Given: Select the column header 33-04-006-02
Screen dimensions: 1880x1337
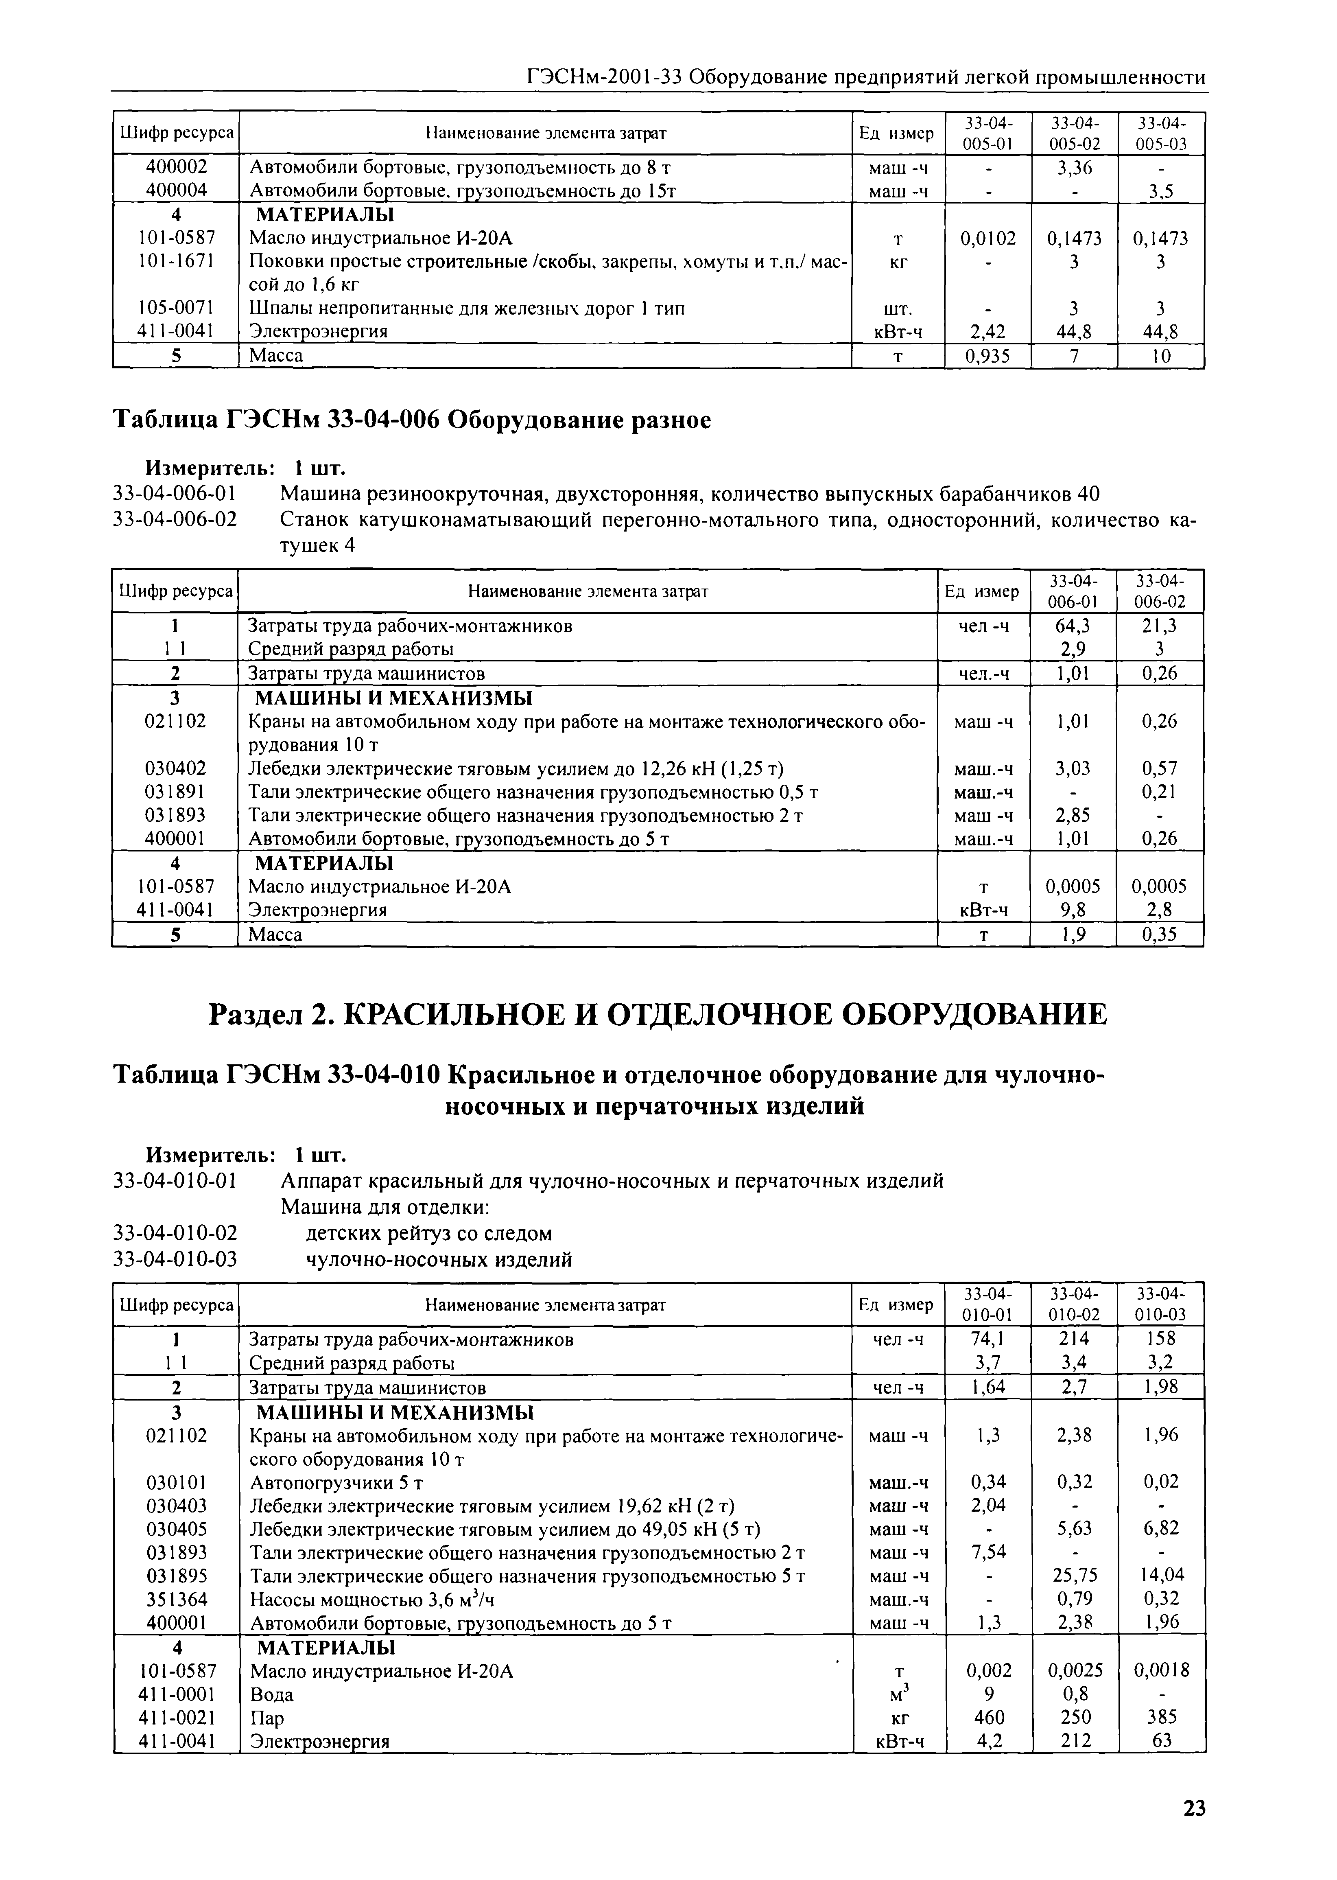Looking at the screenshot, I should pos(1159,591).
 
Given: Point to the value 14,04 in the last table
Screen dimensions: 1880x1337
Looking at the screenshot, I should pos(1161,1575).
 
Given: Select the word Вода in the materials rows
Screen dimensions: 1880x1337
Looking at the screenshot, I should pos(272,1694).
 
